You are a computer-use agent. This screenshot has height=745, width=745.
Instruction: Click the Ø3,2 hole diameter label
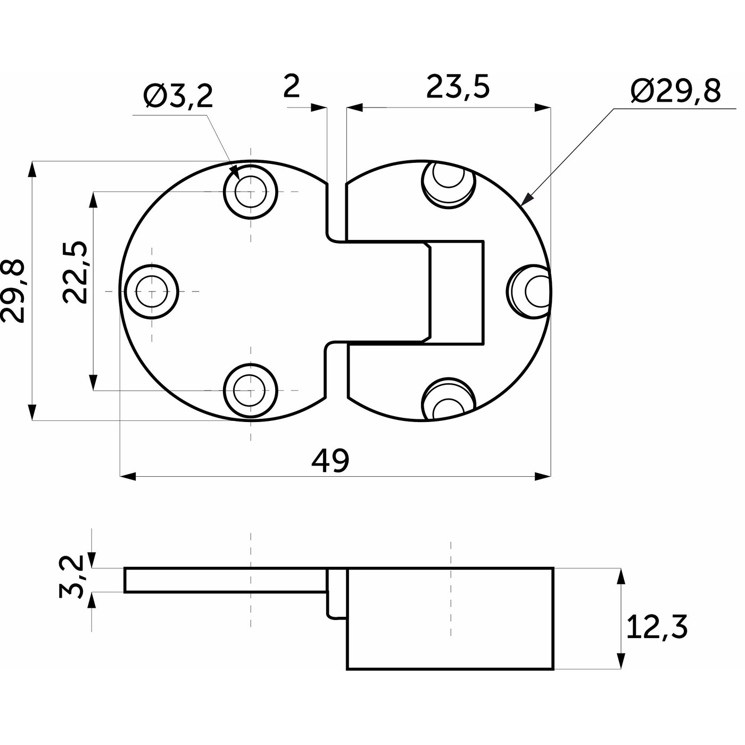[x=178, y=97]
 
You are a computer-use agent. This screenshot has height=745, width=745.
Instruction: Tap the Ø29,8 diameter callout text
[x=675, y=91]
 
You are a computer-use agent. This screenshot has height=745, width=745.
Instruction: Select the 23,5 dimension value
[x=458, y=87]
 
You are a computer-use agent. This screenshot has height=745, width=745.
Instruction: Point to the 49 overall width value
[x=330, y=460]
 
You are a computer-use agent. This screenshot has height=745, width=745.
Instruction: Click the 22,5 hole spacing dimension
[x=74, y=272]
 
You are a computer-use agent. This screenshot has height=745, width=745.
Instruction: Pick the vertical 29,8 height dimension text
[x=13, y=291]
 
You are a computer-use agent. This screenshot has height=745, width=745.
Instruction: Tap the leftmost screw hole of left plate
[x=152, y=291]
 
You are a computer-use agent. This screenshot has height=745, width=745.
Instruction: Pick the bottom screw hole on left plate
[x=251, y=391]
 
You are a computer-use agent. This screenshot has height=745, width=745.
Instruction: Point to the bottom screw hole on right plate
[x=448, y=399]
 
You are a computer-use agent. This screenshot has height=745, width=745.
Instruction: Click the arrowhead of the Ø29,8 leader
[x=526, y=199]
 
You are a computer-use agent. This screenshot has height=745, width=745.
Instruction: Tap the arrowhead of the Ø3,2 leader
[x=235, y=172]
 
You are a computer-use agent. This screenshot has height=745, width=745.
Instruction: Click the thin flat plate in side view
[x=226, y=580]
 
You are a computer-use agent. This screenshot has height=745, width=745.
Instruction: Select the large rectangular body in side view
[x=450, y=618]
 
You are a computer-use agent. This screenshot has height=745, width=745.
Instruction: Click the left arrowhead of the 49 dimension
[x=128, y=476]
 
